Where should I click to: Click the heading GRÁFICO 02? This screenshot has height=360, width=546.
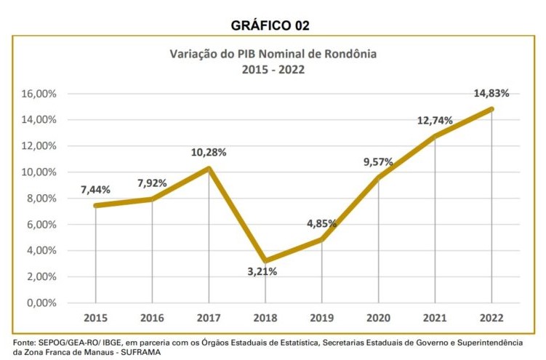coord(270,25)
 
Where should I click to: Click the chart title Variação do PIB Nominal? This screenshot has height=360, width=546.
coord(273,54)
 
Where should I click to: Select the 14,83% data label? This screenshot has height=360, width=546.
coord(491,93)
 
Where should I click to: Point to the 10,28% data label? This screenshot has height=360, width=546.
coord(209,153)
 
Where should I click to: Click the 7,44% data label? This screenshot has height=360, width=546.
coord(95,190)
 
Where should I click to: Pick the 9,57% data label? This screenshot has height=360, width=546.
coord(378,161)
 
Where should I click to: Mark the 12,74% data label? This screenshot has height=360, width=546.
coord(435,120)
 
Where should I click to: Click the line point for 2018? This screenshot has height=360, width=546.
coord(265,260)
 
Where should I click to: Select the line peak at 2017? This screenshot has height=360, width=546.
coord(209,169)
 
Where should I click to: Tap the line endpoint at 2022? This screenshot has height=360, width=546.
coord(491,109)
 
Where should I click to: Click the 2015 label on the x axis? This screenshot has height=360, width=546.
coord(95,318)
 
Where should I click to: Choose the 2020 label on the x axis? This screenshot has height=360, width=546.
coord(378,318)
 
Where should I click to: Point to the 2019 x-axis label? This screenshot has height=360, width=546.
coord(321,318)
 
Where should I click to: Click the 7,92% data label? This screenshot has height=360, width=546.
coord(152,183)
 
